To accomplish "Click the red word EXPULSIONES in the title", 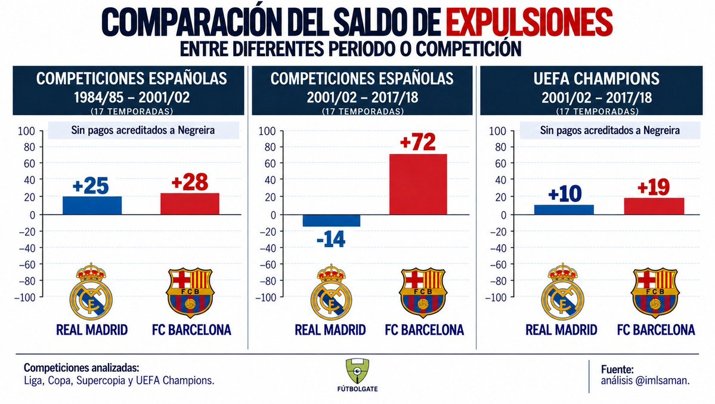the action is point(529,22).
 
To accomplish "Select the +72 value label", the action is point(417,142).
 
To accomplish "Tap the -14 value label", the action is point(330,239).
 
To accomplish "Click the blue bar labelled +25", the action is point(92,205).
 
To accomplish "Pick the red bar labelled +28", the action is point(190,203).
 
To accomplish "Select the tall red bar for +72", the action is point(417,184).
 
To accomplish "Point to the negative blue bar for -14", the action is point(332,220).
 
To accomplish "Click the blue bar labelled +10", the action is point(564,209).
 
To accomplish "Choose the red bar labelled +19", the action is point(654,206).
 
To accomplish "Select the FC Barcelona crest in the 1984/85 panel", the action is point(190,292).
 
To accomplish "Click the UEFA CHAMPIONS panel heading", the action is point(596,79).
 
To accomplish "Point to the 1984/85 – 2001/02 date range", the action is point(132,97).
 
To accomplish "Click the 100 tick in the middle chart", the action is point(267,131).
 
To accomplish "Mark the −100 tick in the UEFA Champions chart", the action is point(496,298).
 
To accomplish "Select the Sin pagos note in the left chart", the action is point(143,130).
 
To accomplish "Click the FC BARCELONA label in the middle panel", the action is point(424,329).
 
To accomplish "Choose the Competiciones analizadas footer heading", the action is point(81,368).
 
